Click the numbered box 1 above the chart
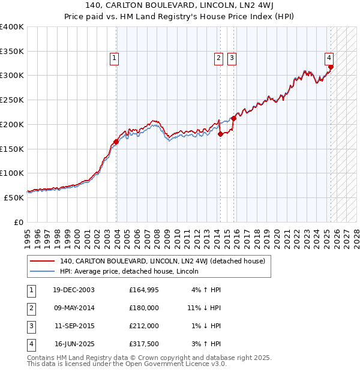point(114,58)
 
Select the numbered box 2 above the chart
point(218,58)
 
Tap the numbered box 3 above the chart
point(232,58)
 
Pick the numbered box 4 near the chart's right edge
point(329,58)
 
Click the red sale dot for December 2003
point(116,142)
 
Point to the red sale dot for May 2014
point(220,134)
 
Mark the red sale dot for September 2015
point(233,119)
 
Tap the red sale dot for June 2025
point(331,67)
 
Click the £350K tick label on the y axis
point(12,51)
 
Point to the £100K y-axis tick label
point(12,173)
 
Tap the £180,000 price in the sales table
point(144,308)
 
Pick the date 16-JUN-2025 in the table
point(74,344)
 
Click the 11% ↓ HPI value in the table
point(204,308)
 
